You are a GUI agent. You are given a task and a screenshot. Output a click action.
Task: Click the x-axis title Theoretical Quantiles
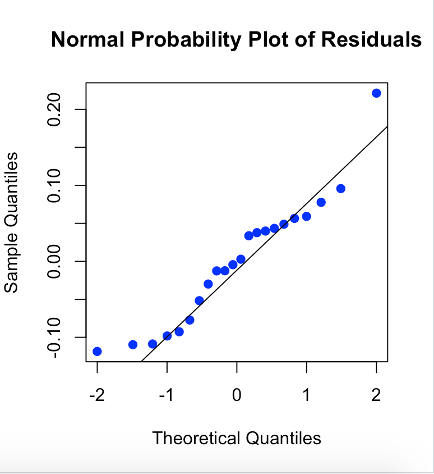pos(237,438)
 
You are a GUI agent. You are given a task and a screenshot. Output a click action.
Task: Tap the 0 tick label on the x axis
pos(237,396)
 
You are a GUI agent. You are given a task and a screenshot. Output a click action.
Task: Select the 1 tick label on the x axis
pos(306,396)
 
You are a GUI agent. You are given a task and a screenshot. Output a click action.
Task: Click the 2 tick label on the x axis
pos(376,396)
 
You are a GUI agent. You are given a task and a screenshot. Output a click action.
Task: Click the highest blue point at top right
pos(376,93)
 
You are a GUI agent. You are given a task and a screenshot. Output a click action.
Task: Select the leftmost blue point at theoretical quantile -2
pos(97,351)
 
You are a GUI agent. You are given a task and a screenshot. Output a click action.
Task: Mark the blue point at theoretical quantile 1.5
pos(340,189)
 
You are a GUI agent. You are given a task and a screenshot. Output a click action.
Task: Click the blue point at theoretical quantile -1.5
pos(133,344)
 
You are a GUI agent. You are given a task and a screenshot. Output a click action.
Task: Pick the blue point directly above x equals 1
pos(306,216)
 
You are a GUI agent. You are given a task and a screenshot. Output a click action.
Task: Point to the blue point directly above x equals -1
pos(167,336)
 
